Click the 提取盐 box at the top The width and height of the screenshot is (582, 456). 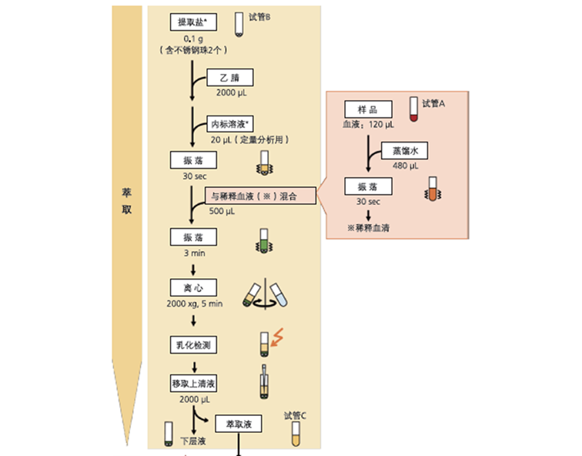tap(195, 22)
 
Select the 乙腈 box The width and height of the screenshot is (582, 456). tap(230, 79)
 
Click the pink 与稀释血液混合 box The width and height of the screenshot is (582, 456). tap(260, 196)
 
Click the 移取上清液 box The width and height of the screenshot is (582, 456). tap(195, 384)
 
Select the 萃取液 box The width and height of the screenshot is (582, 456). tap(239, 424)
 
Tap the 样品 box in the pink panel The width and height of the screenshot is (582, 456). tap(368, 109)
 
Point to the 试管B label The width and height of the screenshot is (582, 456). tap(260, 16)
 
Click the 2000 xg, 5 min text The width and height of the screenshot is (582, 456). tap(195, 303)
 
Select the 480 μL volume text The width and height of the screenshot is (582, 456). tap(403, 165)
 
